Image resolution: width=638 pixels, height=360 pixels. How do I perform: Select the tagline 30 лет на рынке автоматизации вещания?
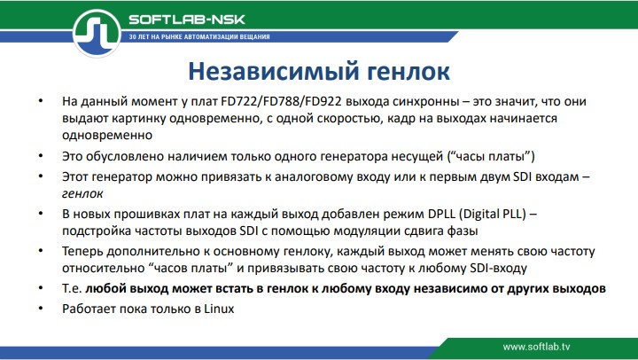pyautogui.click(x=199, y=37)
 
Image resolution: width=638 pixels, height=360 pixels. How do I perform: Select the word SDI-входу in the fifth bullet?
pyautogui.click(x=500, y=268)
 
